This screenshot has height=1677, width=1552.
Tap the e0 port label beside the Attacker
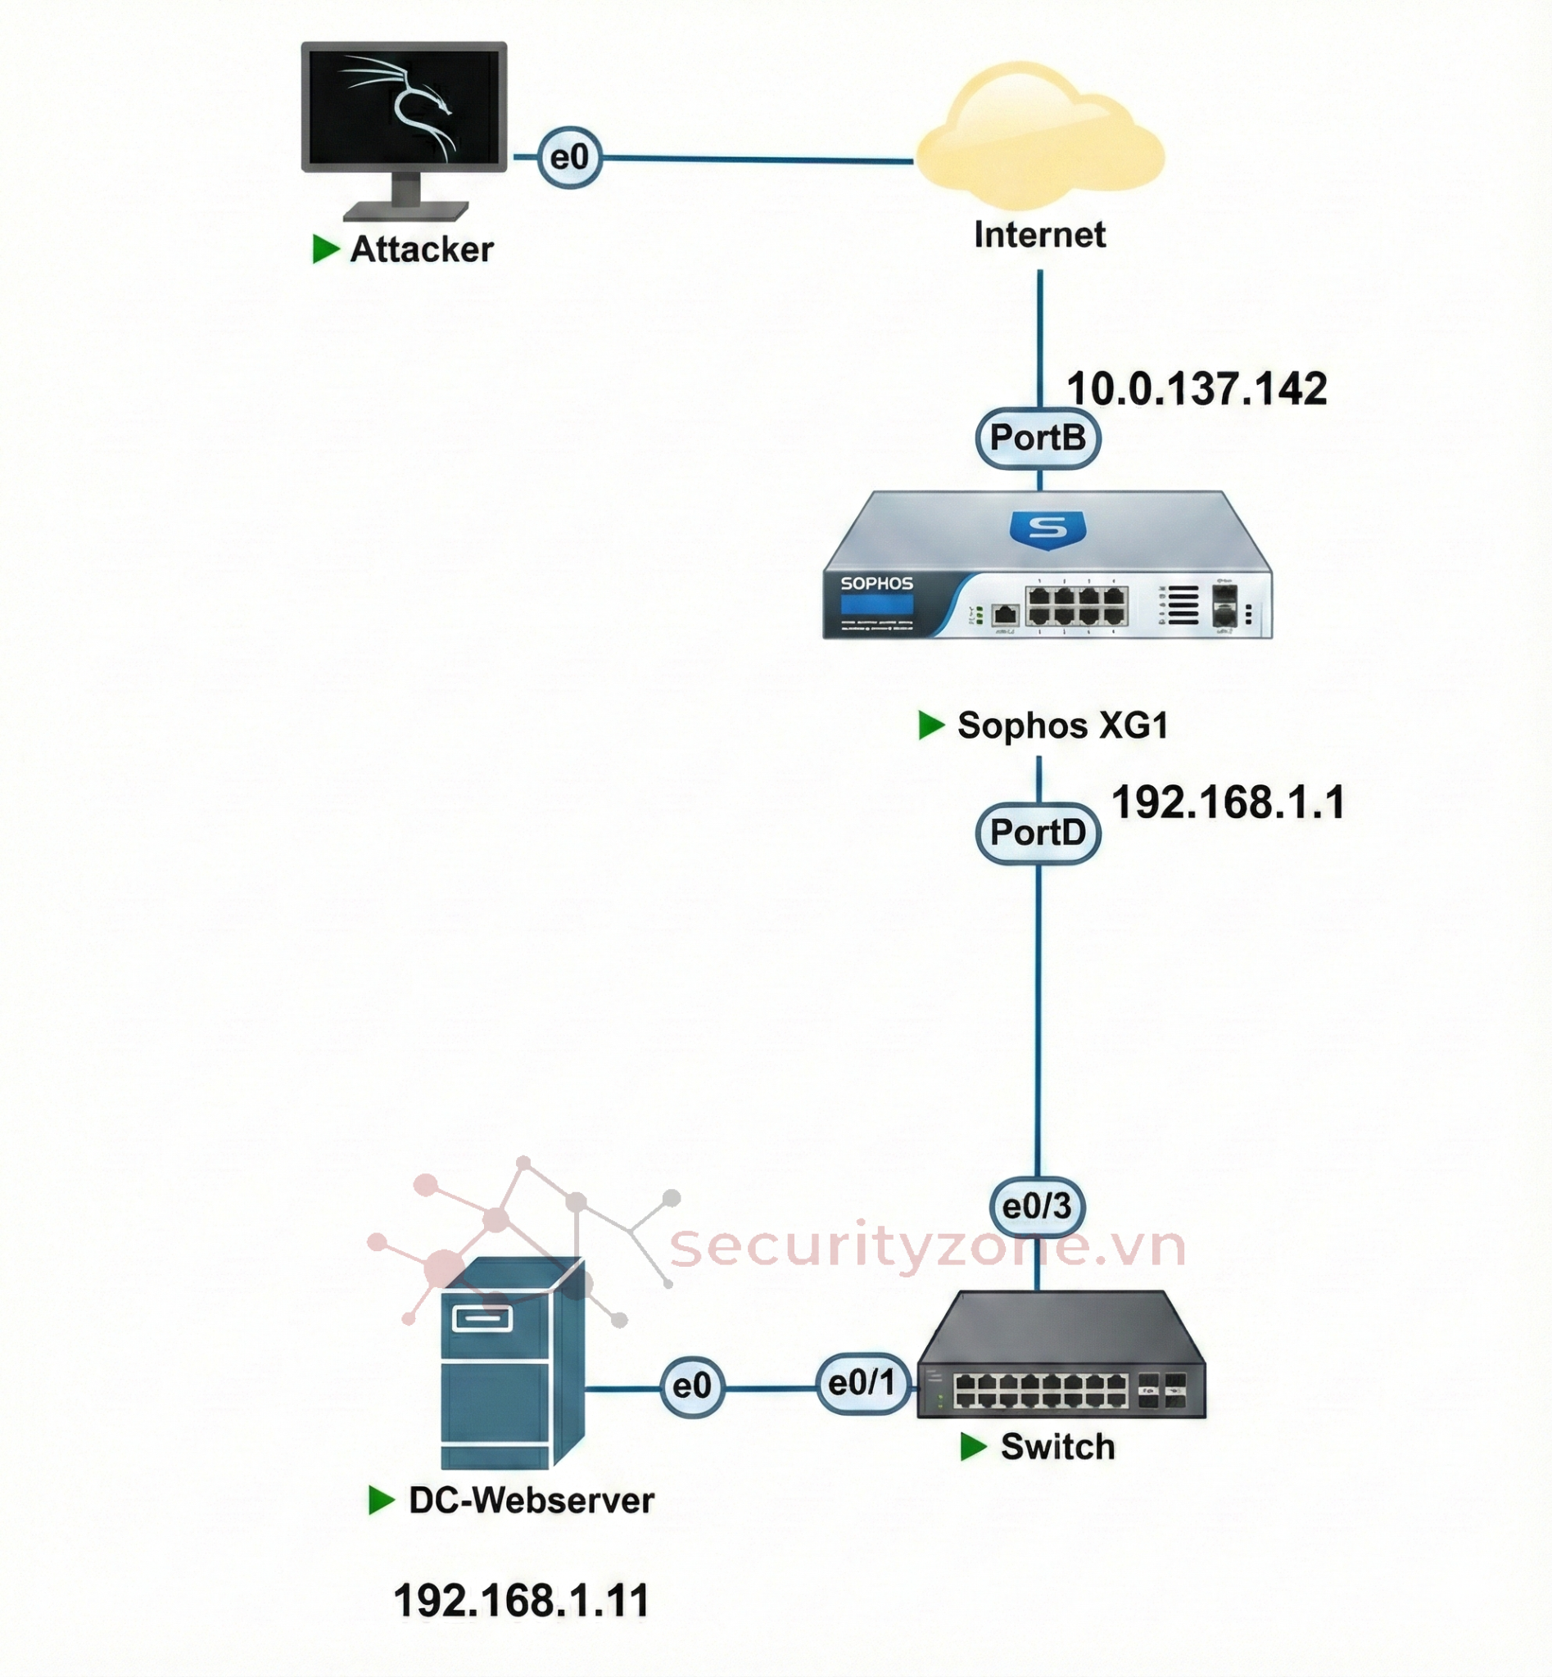[569, 158]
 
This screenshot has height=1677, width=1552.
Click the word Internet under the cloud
[1039, 234]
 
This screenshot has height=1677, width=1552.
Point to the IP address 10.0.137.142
[1196, 390]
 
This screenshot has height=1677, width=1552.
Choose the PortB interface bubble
[1038, 437]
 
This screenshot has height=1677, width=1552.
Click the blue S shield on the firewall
[1047, 529]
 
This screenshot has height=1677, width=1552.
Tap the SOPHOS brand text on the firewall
[876, 584]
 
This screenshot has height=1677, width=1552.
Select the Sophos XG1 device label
[1062, 725]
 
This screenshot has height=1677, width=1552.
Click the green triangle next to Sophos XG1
[930, 725]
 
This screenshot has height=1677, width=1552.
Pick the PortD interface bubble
[1038, 833]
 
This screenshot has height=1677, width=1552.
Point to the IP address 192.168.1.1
[1228, 802]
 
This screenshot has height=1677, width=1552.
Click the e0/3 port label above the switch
[1037, 1207]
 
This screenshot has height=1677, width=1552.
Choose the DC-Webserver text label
[531, 1501]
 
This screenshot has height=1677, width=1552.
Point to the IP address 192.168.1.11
[522, 1601]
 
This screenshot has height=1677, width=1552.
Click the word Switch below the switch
[1057, 1447]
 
